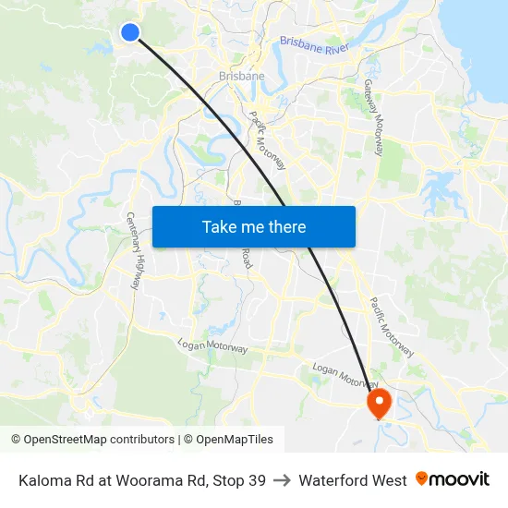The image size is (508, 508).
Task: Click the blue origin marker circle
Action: click(130, 32)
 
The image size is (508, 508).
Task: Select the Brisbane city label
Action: click(242, 76)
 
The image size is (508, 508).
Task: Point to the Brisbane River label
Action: click(313, 45)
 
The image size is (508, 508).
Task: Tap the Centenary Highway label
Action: click(134, 250)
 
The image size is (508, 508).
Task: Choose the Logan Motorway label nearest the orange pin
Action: click(344, 374)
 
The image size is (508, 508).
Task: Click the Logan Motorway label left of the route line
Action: click(212, 346)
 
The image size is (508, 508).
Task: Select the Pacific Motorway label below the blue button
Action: click(392, 326)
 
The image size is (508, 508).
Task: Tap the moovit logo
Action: click(453, 479)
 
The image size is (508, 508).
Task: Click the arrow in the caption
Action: click(283, 480)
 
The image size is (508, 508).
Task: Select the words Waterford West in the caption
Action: click(353, 480)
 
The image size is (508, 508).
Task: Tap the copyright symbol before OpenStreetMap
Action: click(17, 440)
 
